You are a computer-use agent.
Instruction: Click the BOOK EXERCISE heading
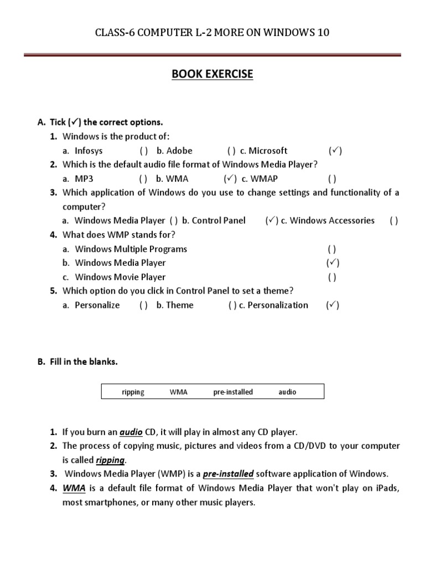click(212, 74)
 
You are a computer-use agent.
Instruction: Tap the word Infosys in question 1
click(89, 150)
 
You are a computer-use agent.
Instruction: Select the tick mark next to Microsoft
click(334, 150)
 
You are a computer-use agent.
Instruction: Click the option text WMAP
click(264, 179)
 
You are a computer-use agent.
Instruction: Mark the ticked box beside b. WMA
click(230, 179)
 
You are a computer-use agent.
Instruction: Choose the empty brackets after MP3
click(143, 179)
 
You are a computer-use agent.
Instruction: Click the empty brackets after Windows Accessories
click(393, 221)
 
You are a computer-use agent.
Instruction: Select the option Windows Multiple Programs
click(131, 249)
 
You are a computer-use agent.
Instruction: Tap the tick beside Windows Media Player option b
click(333, 263)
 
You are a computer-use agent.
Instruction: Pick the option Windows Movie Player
click(120, 277)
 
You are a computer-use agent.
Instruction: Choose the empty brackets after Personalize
click(143, 305)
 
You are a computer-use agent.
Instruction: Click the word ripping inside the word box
click(133, 392)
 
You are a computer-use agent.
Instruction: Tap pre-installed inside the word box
click(233, 392)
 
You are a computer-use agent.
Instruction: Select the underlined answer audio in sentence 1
click(132, 432)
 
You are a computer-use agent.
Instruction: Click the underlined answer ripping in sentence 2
click(111, 460)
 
